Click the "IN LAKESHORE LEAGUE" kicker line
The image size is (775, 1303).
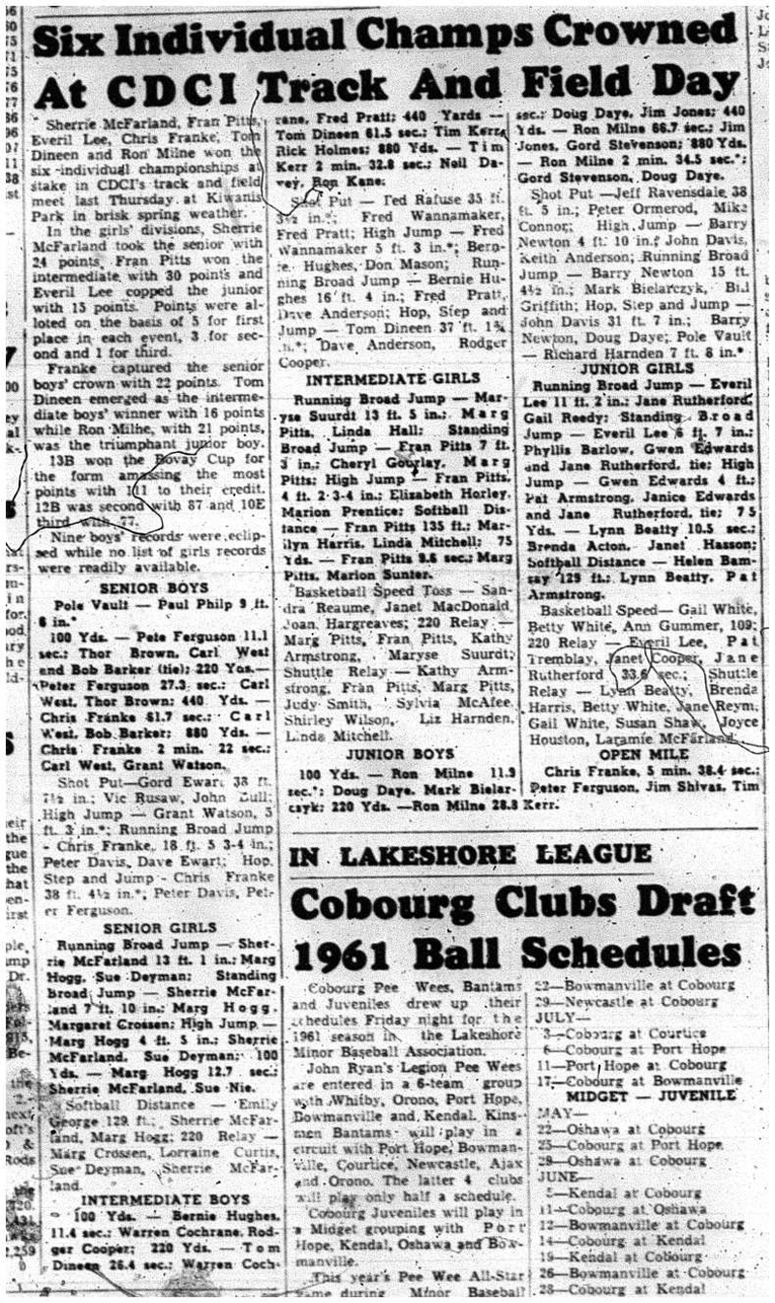(470, 854)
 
